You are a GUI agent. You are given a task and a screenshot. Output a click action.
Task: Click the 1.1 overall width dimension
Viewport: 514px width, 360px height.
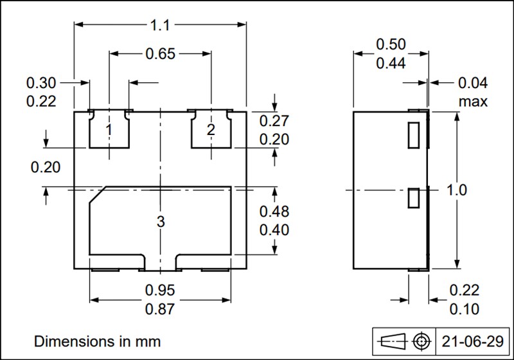coord(160,26)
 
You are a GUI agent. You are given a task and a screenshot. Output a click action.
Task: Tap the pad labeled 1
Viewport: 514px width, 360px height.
coord(109,130)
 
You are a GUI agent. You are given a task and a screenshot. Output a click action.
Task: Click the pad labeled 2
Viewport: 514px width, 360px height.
coord(211,130)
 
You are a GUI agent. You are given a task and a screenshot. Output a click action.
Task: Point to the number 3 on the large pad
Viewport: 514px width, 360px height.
coord(160,222)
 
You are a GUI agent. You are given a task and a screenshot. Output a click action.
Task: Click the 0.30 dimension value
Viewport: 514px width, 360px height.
coord(41,83)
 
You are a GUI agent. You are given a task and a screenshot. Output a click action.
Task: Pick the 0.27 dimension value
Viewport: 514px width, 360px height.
coord(274,121)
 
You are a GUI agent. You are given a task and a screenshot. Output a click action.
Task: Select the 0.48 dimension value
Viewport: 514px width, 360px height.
coord(274,212)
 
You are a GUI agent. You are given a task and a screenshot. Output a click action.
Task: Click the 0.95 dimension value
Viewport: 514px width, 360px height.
coord(160,290)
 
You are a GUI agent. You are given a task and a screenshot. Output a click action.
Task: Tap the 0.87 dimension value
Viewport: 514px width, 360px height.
coord(160,309)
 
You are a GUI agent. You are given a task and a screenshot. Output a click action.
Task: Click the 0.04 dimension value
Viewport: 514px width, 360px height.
coord(473,83)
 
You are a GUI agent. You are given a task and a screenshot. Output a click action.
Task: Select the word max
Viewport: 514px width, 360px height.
coord(473,102)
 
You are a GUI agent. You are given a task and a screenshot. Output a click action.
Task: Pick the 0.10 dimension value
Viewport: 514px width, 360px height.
coord(464,309)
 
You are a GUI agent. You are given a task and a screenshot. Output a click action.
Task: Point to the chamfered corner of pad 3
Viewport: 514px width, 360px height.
coord(97,196)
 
